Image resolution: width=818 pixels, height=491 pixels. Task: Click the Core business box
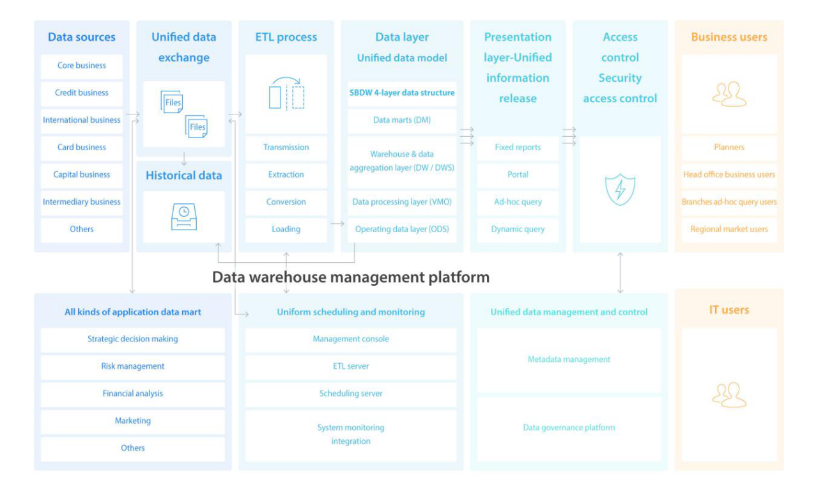[81, 66]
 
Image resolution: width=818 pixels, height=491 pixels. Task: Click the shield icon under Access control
[620, 189]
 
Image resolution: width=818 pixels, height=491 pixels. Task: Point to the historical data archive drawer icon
[184, 217]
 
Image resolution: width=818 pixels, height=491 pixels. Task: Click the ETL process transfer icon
[287, 93]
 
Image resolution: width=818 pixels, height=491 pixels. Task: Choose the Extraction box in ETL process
[286, 175]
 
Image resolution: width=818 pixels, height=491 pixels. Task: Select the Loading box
[286, 230]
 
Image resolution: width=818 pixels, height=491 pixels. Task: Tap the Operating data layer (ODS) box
[402, 230]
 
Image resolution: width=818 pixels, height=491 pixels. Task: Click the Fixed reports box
[518, 148]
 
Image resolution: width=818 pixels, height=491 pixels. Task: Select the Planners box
[729, 148]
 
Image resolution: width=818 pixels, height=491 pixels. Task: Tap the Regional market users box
[729, 230]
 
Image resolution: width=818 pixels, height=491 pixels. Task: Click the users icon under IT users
[729, 394]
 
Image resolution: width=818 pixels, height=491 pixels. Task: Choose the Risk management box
[132, 367]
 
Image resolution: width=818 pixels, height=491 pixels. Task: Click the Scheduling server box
[351, 394]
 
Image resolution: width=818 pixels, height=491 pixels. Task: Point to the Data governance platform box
[569, 428]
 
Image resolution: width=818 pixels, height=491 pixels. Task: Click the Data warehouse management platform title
[351, 277]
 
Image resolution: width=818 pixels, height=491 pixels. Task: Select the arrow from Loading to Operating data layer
[337, 223]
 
